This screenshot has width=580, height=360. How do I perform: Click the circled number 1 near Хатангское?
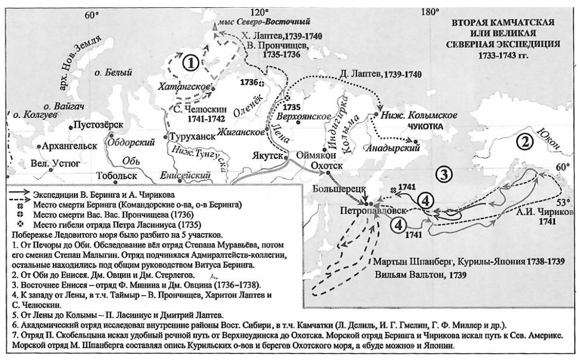(191, 62)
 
